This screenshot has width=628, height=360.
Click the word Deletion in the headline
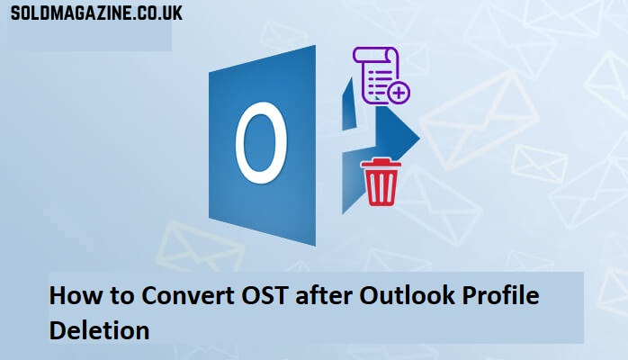99,330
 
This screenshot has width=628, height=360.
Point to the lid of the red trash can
380,163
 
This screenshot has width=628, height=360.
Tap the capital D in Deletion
57,330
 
